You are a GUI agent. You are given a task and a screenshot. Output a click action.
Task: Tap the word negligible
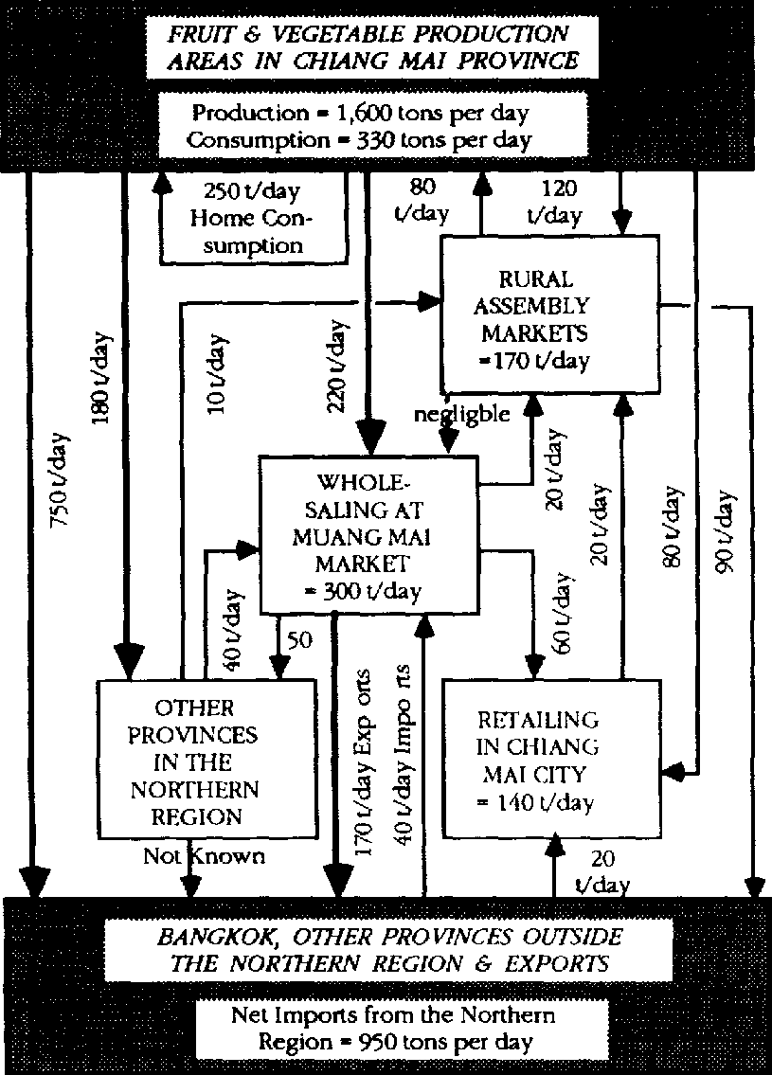point(461,413)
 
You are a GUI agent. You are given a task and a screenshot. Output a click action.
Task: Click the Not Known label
point(204,856)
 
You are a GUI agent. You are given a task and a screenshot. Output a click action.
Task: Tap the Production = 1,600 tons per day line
point(361,114)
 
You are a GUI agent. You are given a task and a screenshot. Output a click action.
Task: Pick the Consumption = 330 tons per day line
point(361,140)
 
